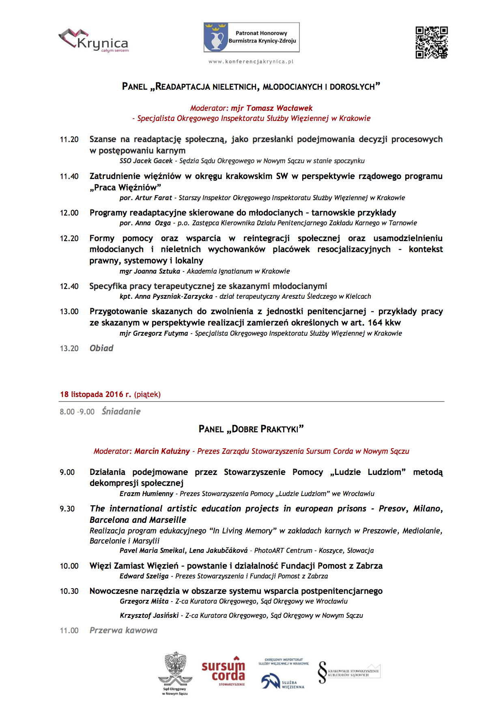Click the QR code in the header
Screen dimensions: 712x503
(x=432, y=42)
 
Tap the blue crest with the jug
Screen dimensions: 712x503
(x=215, y=37)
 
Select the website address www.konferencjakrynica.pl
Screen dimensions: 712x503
(x=251, y=62)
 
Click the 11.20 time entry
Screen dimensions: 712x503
(x=69, y=140)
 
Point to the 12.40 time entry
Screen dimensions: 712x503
(x=69, y=287)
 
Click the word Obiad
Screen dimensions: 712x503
(x=101, y=348)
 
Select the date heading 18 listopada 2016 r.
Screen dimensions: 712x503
(x=96, y=394)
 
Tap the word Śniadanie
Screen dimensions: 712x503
(x=121, y=412)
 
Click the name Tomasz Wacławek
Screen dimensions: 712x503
(x=279, y=108)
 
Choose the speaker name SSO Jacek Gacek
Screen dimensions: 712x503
(x=146, y=161)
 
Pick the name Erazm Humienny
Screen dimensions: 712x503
(x=146, y=494)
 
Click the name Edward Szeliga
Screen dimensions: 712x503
(x=144, y=576)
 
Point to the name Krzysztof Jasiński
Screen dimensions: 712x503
(x=149, y=615)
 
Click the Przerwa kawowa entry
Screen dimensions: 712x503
(x=123, y=630)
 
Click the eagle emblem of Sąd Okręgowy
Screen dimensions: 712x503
(x=175, y=668)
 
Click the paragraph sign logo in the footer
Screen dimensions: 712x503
(x=322, y=672)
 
